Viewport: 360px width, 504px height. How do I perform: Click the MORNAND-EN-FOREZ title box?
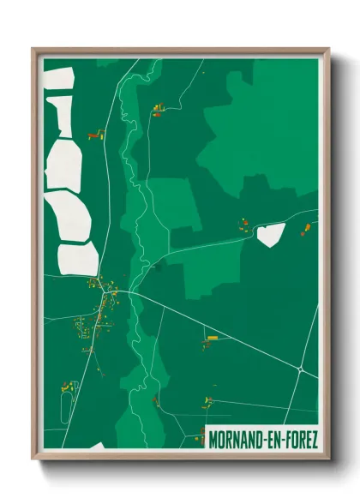click(x=261, y=440)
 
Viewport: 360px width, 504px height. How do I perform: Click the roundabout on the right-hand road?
click(x=301, y=369)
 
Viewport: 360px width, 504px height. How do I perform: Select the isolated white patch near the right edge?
click(x=270, y=235)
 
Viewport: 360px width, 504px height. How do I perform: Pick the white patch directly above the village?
click(x=78, y=258)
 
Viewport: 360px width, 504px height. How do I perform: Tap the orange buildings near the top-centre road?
click(x=158, y=109)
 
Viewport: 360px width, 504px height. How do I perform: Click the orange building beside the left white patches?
click(x=94, y=135)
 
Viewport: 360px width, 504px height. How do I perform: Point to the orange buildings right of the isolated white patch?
click(x=303, y=229)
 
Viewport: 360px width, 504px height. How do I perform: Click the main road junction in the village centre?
click(x=108, y=292)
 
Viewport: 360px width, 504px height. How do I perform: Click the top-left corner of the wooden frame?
click(x=33, y=50)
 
